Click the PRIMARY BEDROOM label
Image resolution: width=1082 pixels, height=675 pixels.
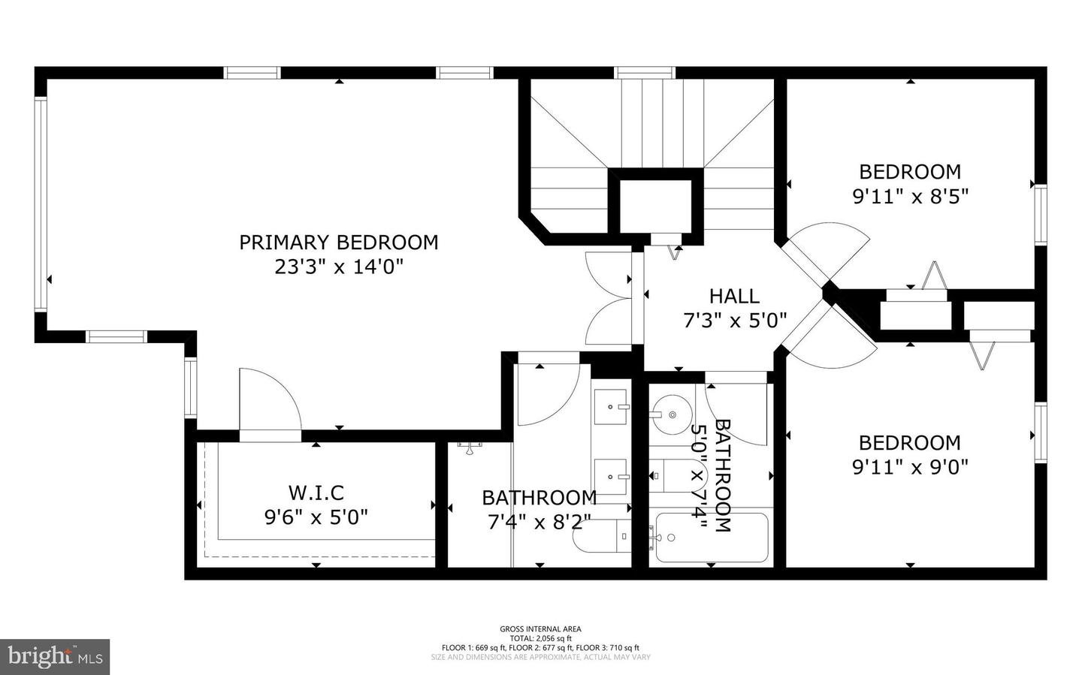click(x=338, y=243)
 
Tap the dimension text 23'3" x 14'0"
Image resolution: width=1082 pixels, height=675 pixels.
click(x=338, y=267)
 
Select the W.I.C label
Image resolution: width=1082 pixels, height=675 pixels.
click(x=316, y=493)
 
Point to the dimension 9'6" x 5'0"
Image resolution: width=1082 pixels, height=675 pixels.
click(x=316, y=517)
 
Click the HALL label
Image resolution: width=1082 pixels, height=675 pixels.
click(x=734, y=296)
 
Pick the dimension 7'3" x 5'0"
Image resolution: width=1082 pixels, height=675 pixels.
click(x=734, y=321)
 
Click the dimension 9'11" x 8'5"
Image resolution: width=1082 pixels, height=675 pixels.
click(x=910, y=197)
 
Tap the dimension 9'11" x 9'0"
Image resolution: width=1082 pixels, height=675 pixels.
click(x=910, y=467)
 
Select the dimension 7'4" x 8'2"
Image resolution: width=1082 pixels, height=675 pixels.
click(x=539, y=522)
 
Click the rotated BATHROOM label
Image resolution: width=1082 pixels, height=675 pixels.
click(x=722, y=476)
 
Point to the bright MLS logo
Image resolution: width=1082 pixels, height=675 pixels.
click(x=54, y=657)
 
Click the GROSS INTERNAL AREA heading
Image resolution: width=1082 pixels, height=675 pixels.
click(x=540, y=629)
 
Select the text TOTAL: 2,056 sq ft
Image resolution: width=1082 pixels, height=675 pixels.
click(x=540, y=638)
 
